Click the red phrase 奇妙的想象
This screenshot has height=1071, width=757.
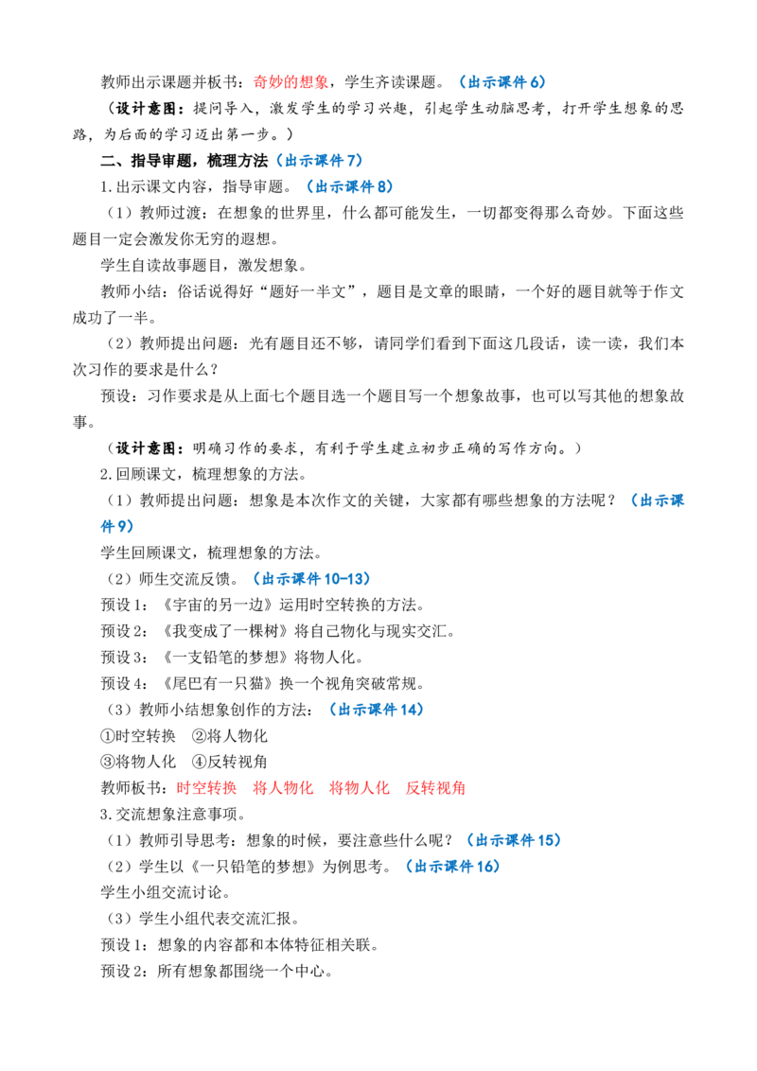[x=291, y=82]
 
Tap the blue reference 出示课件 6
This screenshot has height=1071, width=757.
[x=503, y=82]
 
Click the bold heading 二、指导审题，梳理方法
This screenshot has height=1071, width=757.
[x=185, y=161]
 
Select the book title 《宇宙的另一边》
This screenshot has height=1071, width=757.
[x=218, y=605]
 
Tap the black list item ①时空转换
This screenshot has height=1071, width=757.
[x=138, y=736]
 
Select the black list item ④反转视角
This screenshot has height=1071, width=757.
[x=230, y=762]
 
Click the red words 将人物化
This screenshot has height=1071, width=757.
[x=283, y=788]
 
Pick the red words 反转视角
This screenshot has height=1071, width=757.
[x=435, y=788]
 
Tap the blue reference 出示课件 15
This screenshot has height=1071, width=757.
[x=515, y=840]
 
